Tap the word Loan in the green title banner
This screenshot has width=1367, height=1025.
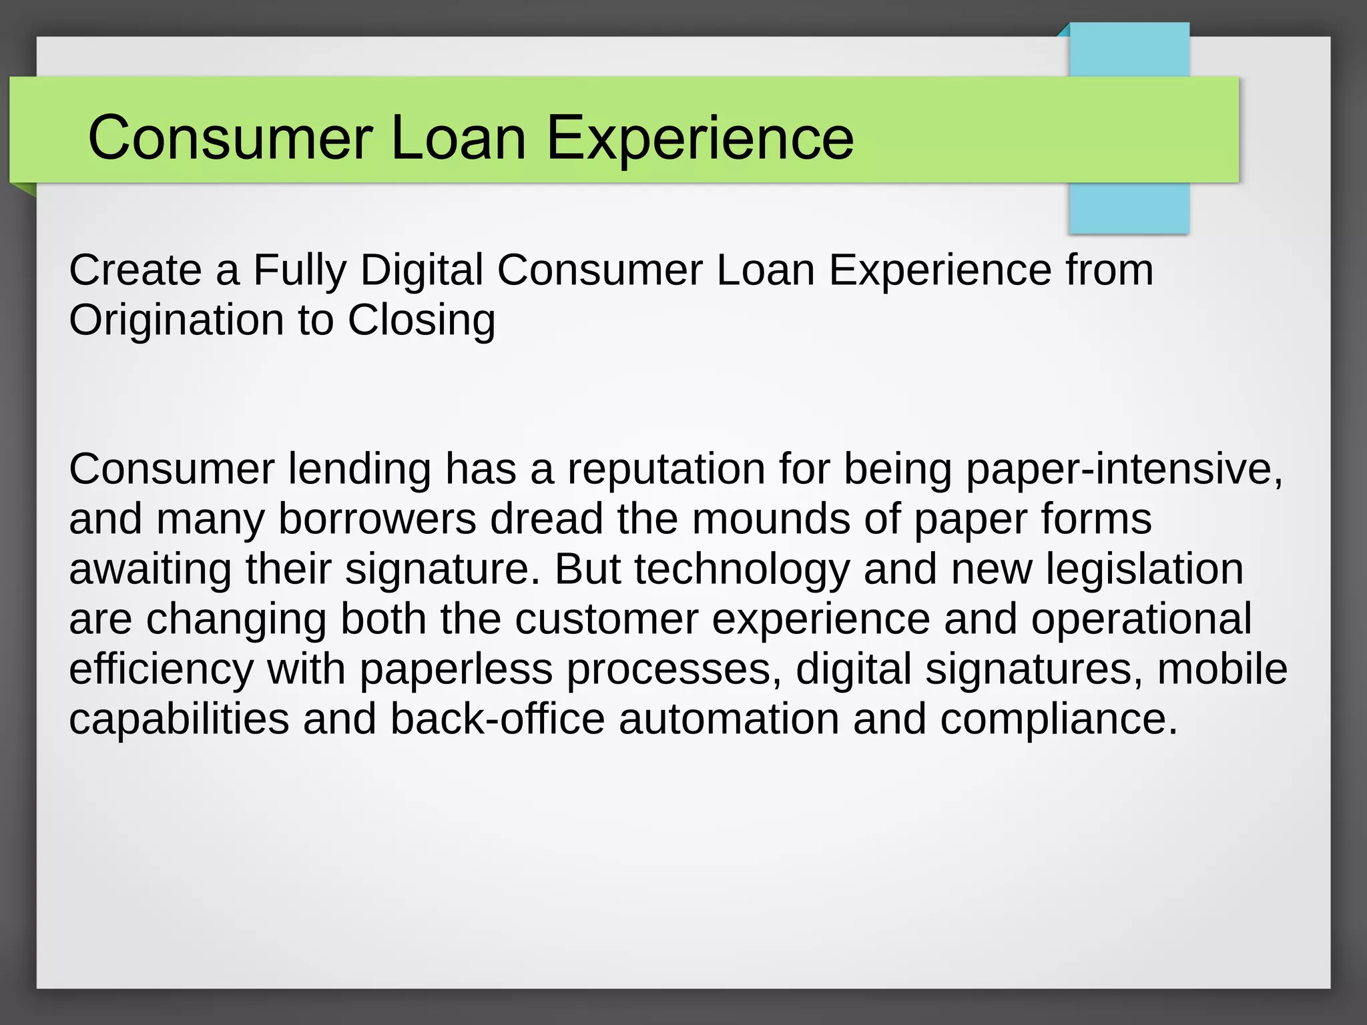coord(458,138)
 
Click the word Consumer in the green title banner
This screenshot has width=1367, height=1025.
coord(230,138)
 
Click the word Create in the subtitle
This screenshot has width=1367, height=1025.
coord(135,270)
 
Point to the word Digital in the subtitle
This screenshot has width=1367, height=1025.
coord(421,270)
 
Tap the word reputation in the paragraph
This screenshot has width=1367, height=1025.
coord(666,469)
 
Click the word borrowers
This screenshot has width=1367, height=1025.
coord(377,519)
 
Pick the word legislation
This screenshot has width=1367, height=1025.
coord(1144,569)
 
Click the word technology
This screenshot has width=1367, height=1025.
coord(742,569)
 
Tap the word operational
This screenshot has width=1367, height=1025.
coord(1141,619)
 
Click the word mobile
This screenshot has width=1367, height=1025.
coord(1222,669)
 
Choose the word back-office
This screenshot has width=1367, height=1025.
coord(497,719)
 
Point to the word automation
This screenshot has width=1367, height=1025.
coord(729,719)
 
